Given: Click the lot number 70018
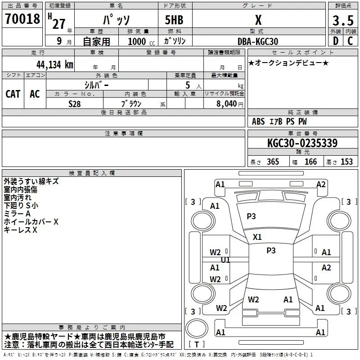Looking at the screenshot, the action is click(22, 19).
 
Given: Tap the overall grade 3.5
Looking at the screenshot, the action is click(343, 20).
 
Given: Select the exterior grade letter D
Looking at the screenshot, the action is click(336, 41).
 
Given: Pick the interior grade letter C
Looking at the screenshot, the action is click(350, 41).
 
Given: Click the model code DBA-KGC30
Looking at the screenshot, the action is click(258, 41).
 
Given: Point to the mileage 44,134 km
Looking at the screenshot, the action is click(55, 65).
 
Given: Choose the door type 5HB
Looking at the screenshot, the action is click(174, 20).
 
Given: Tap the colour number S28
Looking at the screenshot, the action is click(75, 104).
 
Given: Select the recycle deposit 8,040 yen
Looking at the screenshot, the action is click(229, 104).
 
